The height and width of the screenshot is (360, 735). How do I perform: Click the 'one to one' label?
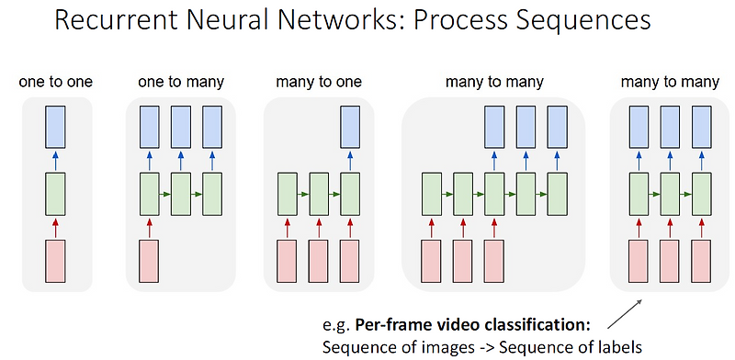[x=56, y=83]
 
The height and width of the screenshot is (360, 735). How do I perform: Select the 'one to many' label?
[x=180, y=83]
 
